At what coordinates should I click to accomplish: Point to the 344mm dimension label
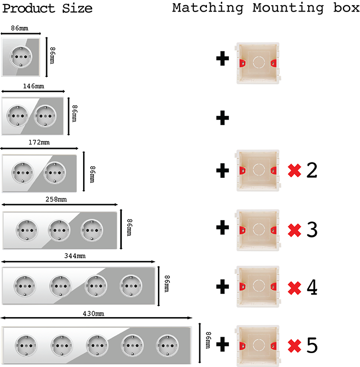76,257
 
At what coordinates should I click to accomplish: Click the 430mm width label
93,314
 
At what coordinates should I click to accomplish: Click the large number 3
312,230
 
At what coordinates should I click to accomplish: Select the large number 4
312,287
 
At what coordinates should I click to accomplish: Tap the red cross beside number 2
294,171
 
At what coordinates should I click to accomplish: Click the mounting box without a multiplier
258,62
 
